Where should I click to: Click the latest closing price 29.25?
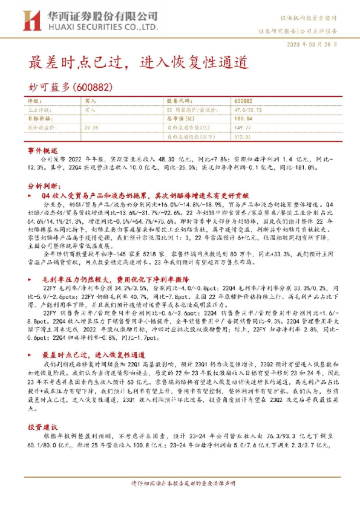91,128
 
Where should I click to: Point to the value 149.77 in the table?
242,128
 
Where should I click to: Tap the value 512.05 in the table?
242,137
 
